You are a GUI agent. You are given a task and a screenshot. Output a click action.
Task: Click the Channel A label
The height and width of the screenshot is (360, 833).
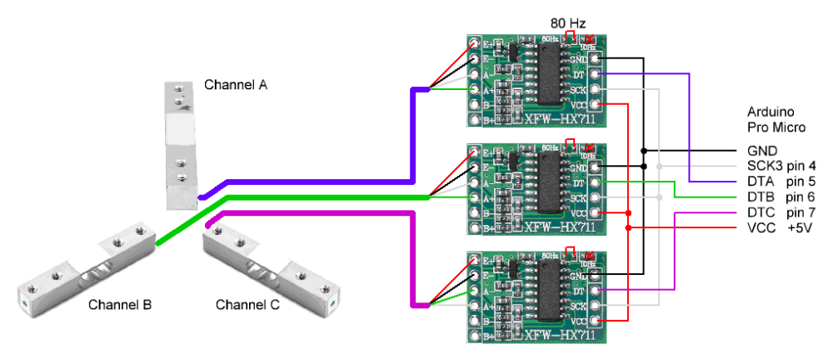pos(236,85)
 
